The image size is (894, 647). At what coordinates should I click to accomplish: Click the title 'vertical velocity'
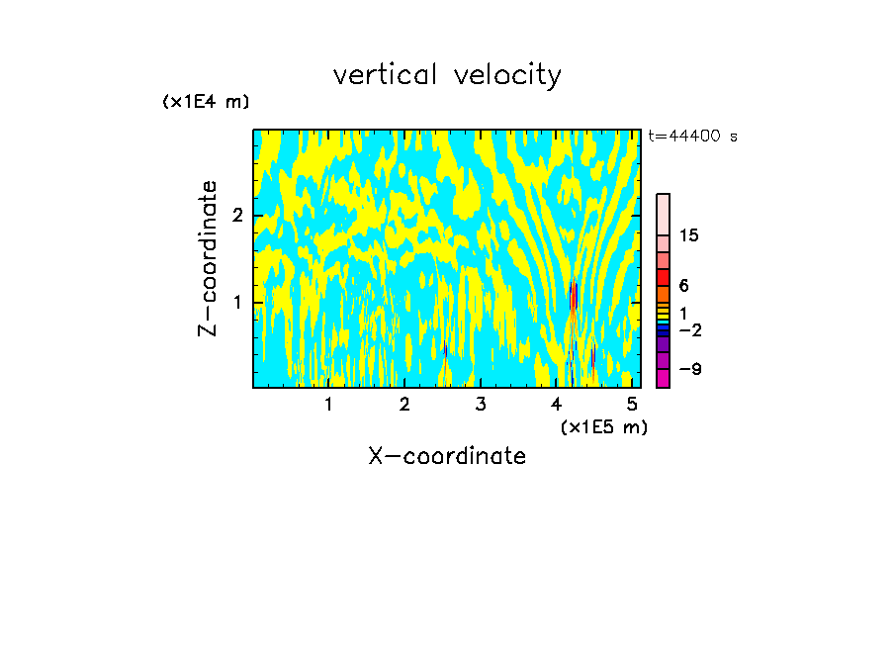[447, 75]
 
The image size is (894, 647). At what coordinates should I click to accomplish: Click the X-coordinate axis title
[447, 456]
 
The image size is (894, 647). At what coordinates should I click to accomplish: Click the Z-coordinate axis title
[208, 258]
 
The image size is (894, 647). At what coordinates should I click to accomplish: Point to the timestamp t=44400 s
[692, 137]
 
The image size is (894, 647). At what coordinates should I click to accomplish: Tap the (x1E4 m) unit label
[206, 102]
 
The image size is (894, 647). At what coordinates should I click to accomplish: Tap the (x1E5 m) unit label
[603, 427]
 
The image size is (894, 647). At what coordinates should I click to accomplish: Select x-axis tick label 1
[328, 404]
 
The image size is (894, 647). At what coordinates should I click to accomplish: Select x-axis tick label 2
[404, 404]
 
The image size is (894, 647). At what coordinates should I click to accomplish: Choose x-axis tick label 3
[481, 404]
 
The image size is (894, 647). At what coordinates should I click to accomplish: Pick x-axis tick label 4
[557, 404]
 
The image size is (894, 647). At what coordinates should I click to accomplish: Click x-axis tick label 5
[633, 404]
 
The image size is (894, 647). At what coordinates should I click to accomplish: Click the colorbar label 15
[689, 235]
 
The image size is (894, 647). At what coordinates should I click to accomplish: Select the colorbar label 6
[683, 285]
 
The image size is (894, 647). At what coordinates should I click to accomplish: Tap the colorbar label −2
[689, 329]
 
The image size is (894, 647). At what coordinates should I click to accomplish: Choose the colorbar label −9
[689, 369]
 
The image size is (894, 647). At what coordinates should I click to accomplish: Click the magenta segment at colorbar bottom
[663, 378]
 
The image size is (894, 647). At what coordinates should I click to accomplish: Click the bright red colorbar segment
[663, 277]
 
